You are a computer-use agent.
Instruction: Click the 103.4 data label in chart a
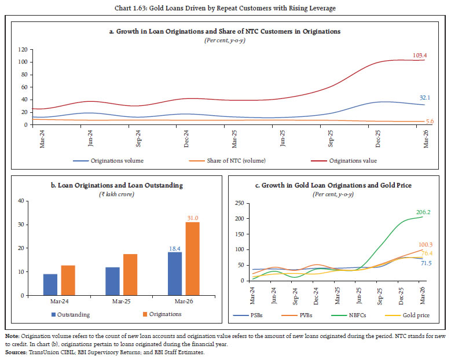420,56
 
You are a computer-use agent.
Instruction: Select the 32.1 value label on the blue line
424,98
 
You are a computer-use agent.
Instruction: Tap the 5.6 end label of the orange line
430,122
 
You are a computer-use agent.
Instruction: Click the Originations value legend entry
344,161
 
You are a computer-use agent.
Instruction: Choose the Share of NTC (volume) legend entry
227,161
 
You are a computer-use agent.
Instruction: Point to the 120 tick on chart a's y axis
23,49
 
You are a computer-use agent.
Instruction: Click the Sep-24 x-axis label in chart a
138,138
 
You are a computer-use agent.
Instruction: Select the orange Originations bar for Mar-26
192,259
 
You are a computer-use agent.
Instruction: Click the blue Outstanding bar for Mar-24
50,285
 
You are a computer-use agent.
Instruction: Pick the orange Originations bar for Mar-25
130,274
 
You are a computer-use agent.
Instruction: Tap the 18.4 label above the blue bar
175,249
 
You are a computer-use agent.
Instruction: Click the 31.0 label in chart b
193,218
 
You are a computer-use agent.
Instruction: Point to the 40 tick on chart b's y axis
21,201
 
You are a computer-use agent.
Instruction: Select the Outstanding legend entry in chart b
71,315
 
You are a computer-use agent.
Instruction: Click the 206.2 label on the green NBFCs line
423,212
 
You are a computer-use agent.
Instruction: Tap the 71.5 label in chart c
426,263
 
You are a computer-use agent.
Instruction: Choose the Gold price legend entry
407,315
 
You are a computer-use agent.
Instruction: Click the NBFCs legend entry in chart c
349,315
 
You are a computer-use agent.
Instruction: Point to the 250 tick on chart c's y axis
239,203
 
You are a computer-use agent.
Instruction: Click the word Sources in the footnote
16,352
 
